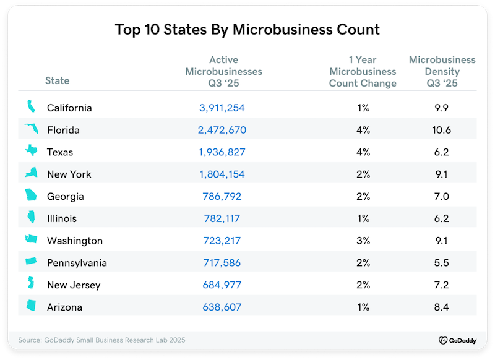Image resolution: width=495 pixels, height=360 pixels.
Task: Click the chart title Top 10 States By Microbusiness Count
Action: click(x=247, y=29)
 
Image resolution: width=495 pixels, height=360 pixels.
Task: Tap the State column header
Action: click(x=57, y=80)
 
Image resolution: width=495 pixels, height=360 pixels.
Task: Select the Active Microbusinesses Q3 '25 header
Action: click(x=223, y=71)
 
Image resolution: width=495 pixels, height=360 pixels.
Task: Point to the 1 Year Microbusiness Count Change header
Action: click(x=363, y=71)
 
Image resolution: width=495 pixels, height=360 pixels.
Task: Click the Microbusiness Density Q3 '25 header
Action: click(x=442, y=71)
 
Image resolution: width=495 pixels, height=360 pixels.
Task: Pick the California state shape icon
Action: click(x=30, y=108)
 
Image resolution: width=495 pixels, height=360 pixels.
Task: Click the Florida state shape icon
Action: click(x=30, y=130)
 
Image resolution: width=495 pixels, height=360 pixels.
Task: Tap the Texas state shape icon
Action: click(x=30, y=152)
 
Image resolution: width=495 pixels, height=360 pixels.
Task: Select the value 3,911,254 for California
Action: click(x=222, y=108)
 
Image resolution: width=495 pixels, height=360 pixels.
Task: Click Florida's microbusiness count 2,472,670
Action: click(x=222, y=130)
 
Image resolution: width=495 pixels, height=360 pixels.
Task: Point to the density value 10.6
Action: click(x=442, y=130)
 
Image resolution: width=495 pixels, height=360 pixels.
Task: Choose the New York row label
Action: click(x=69, y=174)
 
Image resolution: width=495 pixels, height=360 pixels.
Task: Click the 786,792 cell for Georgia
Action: click(x=222, y=197)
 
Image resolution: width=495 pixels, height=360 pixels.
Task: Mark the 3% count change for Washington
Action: click(x=363, y=241)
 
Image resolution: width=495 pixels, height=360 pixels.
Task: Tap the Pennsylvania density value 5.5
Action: click(x=442, y=263)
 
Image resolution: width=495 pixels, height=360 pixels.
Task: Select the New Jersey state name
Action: click(x=73, y=285)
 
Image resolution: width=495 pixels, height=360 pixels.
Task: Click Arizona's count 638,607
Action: click(x=222, y=307)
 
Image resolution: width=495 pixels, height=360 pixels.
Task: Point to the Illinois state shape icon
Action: click(x=30, y=218)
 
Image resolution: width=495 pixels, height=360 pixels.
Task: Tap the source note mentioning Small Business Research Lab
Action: click(x=101, y=340)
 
